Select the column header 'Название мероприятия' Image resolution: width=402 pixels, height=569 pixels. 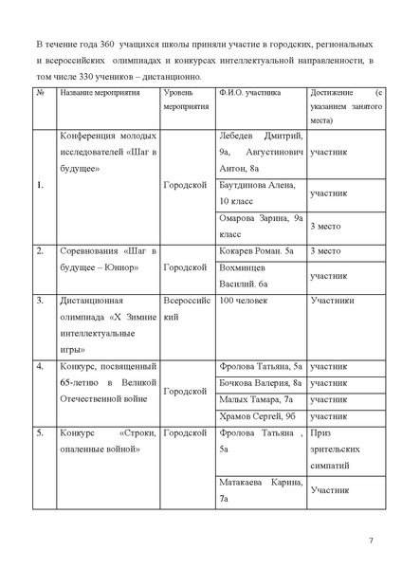pyautogui.click(x=100, y=94)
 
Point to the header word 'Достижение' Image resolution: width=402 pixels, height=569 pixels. pyautogui.click(x=334, y=94)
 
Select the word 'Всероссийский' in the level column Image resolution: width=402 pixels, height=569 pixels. pyautogui.click(x=185, y=310)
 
